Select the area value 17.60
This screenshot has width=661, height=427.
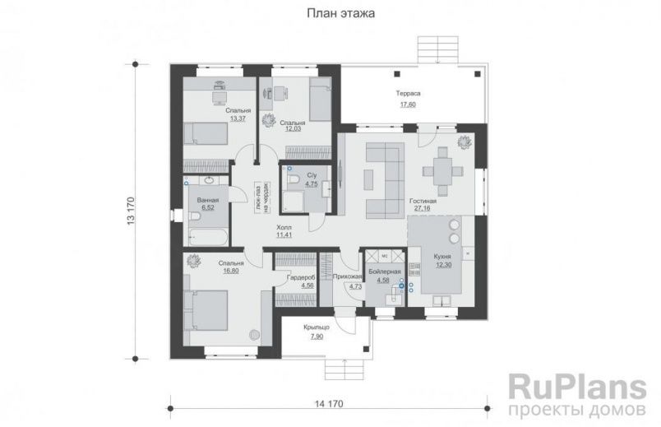[x=409, y=104]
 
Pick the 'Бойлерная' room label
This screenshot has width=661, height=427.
[x=384, y=272]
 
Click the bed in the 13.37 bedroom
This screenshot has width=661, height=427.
[x=206, y=133]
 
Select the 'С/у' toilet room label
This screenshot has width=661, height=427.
[x=312, y=176]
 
